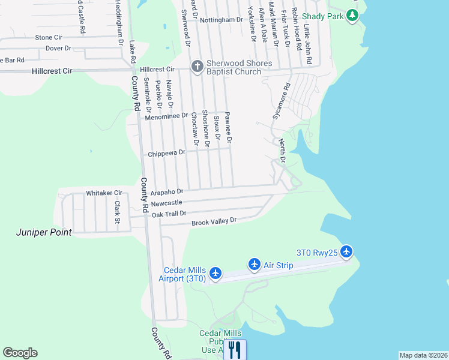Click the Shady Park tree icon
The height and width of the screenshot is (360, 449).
point(354,16)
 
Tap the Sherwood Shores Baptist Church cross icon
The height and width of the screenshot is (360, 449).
point(196,67)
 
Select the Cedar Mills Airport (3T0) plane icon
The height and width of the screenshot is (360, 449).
point(215,274)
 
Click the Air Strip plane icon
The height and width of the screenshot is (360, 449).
point(254,265)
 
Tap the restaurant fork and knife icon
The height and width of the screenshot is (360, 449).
point(235,350)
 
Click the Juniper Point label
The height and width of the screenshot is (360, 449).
point(44,232)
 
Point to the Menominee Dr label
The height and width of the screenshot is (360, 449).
point(166,116)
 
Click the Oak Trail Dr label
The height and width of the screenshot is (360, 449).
point(169,214)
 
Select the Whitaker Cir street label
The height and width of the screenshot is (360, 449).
point(104,193)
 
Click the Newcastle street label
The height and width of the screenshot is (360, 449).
point(166,203)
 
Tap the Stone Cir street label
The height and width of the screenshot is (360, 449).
point(52,37)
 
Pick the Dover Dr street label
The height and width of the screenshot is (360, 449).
point(58,48)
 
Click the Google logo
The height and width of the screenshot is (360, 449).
point(20,353)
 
